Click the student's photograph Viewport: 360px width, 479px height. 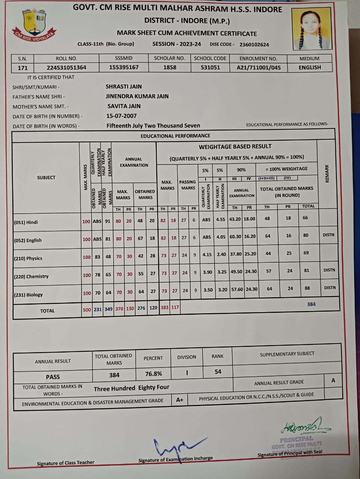[x=312, y=29]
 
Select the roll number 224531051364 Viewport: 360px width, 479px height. [x=67, y=68]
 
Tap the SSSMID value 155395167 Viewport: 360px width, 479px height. [x=124, y=67]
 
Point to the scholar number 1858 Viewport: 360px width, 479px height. [x=170, y=67]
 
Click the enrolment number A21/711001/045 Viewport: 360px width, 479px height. [x=259, y=68]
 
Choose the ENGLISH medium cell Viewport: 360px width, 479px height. [x=310, y=67]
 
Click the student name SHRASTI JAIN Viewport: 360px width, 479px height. [x=124, y=86]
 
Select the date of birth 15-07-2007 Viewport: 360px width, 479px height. [x=121, y=116]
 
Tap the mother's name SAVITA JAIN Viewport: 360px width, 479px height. [x=124, y=106]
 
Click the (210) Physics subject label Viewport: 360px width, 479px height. [x=28, y=258]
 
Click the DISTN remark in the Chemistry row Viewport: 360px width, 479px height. [x=329, y=270]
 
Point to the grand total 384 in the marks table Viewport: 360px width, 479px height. [x=311, y=304]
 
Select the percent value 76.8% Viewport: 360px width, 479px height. [x=153, y=374]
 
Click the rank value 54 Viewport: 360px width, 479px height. [x=218, y=372]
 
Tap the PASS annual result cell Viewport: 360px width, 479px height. [x=53, y=377]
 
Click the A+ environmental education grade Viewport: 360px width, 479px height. [x=179, y=400]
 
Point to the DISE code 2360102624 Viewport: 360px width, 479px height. [x=254, y=45]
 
